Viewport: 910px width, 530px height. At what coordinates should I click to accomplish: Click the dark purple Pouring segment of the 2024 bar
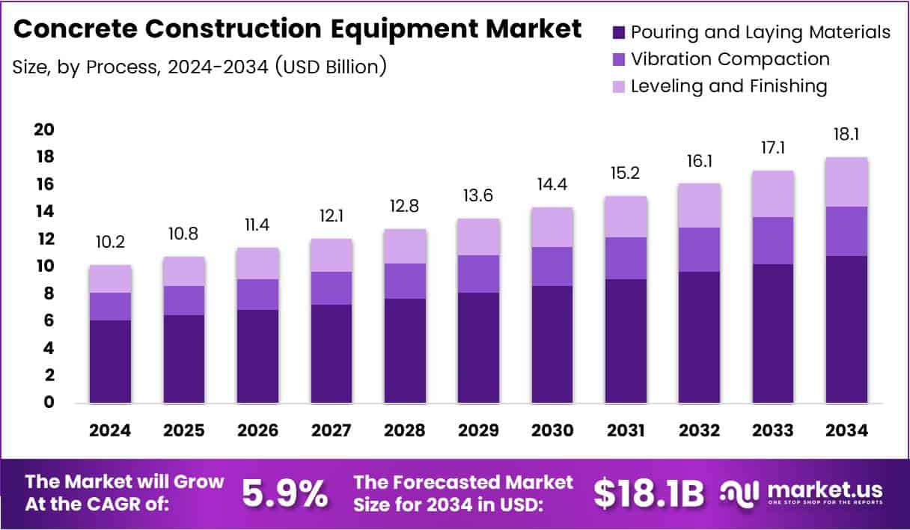coord(110,362)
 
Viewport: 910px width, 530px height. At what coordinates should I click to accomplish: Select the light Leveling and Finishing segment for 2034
coord(847,182)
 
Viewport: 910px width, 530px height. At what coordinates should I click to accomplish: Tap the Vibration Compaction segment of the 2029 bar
coord(479,274)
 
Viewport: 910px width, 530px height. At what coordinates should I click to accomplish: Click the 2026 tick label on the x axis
coord(257,430)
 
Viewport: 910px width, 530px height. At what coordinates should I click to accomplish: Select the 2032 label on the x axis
coord(700,430)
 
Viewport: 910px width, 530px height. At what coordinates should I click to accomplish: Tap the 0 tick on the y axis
coord(49,403)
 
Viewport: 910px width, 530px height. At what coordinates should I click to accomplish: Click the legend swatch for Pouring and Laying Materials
coord(618,32)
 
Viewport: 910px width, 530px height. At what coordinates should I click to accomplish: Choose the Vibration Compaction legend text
coord(730,59)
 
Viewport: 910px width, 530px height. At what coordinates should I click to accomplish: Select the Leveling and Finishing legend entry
coord(728,86)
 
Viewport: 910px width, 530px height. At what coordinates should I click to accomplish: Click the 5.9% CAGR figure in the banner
coord(285,493)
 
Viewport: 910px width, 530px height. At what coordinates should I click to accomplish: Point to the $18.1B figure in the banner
coord(649,493)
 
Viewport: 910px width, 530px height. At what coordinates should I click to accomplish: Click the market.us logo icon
coord(741,492)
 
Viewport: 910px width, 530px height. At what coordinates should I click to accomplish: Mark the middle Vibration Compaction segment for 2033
coord(773,240)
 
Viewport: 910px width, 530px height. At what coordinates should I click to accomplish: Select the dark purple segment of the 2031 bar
coord(626,341)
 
